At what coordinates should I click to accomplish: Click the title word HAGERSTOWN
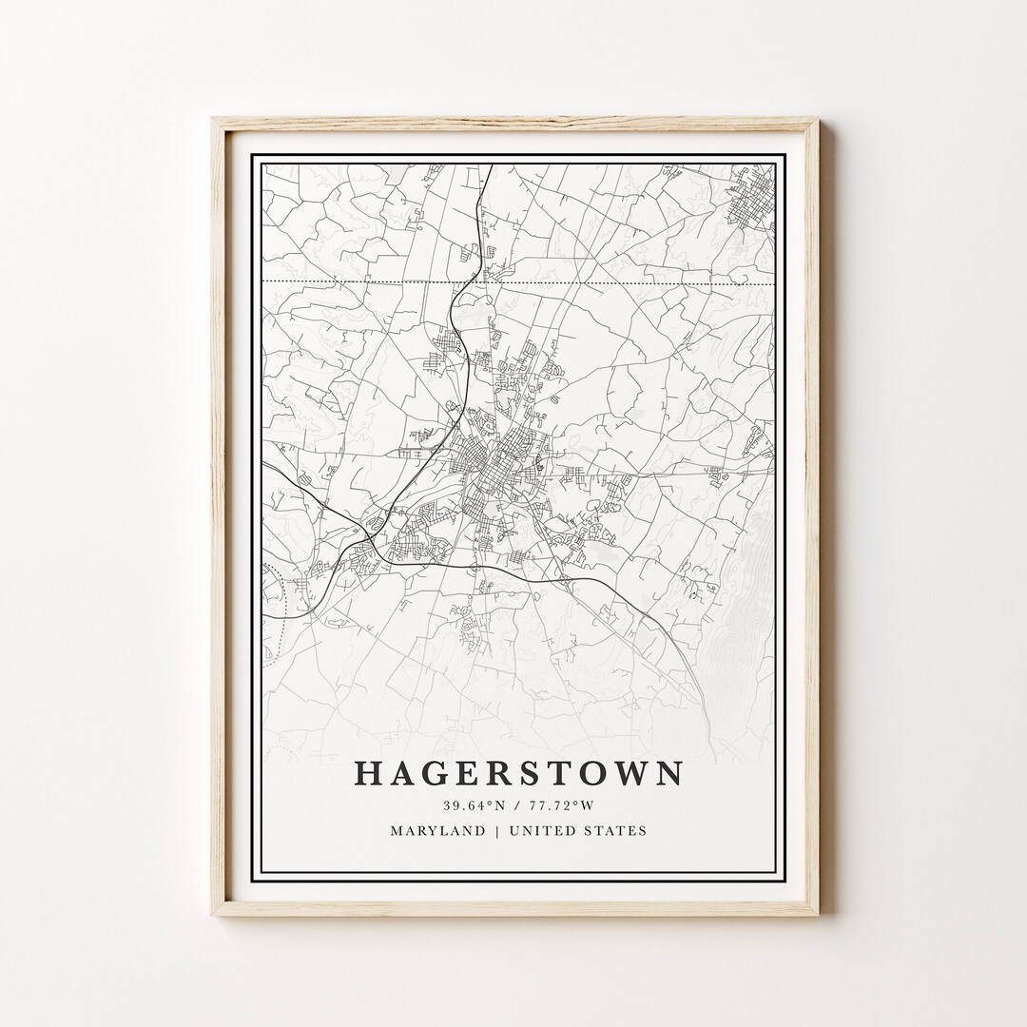pyautogui.click(x=518, y=773)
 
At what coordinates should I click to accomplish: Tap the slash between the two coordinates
pyautogui.click(x=518, y=806)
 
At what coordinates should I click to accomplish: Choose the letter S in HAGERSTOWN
pyautogui.click(x=519, y=773)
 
